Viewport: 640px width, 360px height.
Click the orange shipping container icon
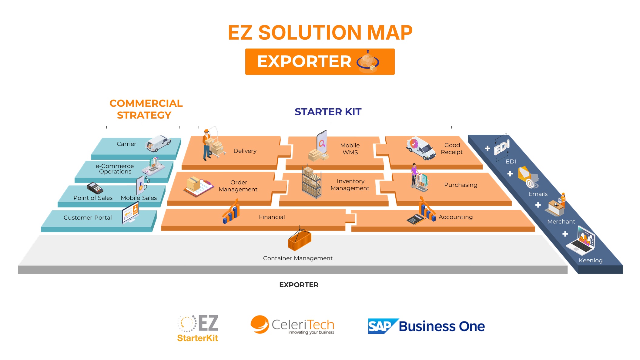click(x=300, y=240)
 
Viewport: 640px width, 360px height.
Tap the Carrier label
click(x=126, y=144)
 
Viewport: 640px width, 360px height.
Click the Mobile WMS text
click(x=350, y=149)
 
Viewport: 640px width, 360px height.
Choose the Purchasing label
click(x=461, y=185)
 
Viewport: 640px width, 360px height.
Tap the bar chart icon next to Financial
click(x=231, y=212)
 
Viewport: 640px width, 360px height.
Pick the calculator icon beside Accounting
click(x=415, y=219)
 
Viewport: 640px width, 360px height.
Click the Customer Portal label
click(x=88, y=218)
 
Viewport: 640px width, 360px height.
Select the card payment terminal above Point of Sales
click(x=95, y=188)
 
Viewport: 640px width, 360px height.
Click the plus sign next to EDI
click(x=488, y=148)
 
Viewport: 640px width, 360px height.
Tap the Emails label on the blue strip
click(x=538, y=194)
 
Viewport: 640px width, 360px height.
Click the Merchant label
click(x=561, y=222)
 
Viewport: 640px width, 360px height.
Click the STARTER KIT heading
click(x=328, y=112)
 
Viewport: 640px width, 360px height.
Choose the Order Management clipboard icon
click(x=198, y=187)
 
